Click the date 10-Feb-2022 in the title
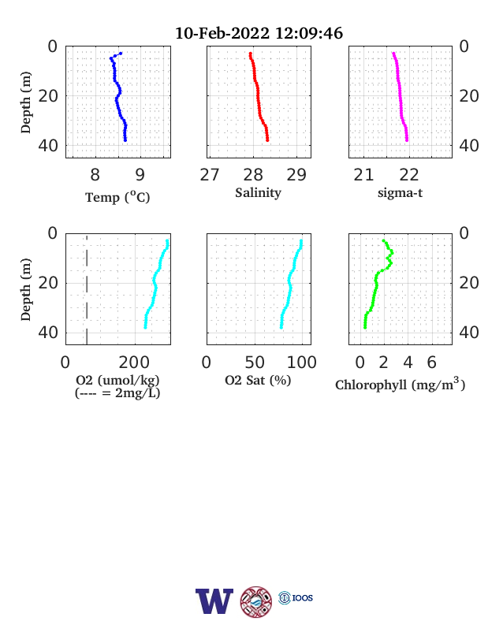[222, 33]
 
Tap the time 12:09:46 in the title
[309, 33]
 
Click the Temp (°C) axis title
[117, 197]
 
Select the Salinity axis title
[259, 193]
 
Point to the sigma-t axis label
[400, 193]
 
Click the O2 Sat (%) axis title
[258, 380]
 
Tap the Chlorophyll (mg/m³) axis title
[400, 384]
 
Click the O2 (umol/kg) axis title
[117, 380]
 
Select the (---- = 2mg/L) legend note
[117, 393]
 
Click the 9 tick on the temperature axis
[140, 175]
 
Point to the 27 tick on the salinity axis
[210, 175]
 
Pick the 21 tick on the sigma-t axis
[363, 175]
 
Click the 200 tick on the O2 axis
[134, 362]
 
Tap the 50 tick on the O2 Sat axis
[255, 362]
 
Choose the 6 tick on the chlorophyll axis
[432, 362]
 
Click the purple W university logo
[214, 601]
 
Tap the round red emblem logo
[256, 601]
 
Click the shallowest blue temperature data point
[121, 53]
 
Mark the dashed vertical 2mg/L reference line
[87, 289]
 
